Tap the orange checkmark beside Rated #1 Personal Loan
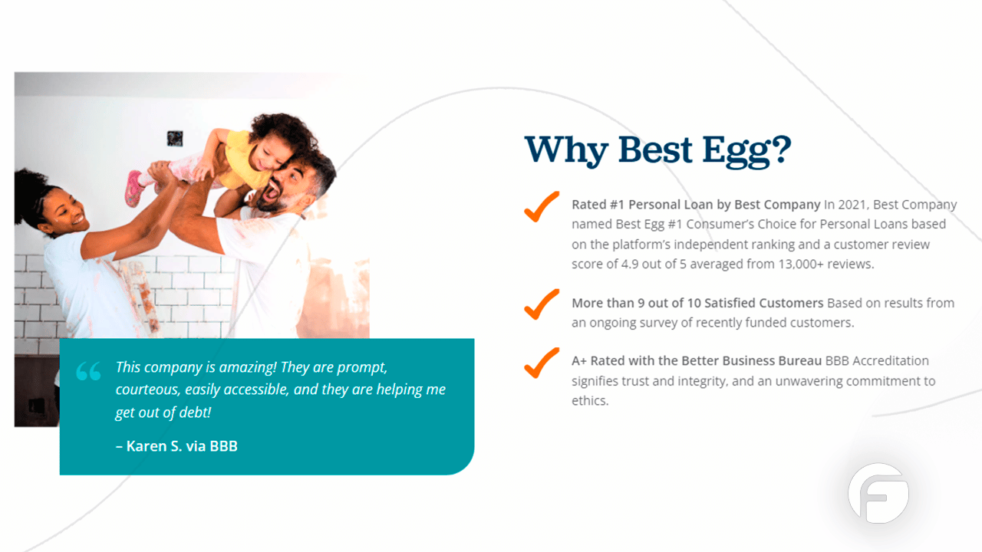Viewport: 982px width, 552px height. (x=542, y=207)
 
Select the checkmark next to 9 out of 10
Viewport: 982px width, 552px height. (x=542, y=304)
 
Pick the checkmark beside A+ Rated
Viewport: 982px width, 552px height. (x=542, y=363)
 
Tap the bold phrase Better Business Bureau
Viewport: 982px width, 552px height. (x=752, y=361)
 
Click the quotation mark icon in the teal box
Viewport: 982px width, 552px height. (x=88, y=373)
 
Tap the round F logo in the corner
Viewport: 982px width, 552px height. (x=878, y=493)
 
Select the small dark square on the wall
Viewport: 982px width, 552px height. (x=175, y=139)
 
